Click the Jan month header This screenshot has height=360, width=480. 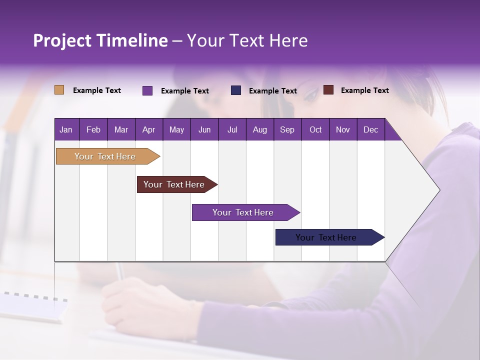tap(66, 129)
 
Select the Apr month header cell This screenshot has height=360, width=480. tap(149, 129)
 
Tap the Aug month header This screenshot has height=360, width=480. tap(260, 129)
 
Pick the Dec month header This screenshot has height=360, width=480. tap(371, 129)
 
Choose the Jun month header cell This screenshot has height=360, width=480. tap(204, 129)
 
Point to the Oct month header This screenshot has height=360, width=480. tap(315, 129)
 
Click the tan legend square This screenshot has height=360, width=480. tap(59, 90)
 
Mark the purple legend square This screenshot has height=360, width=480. tap(147, 90)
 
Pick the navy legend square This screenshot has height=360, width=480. tap(236, 90)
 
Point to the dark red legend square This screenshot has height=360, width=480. tap(328, 90)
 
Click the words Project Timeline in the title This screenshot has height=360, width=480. tap(100, 40)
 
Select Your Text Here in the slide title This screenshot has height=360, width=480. tap(247, 40)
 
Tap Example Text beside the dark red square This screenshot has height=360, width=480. tap(364, 90)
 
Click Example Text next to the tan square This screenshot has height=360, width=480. tap(97, 90)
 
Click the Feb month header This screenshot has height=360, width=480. tap(93, 129)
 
